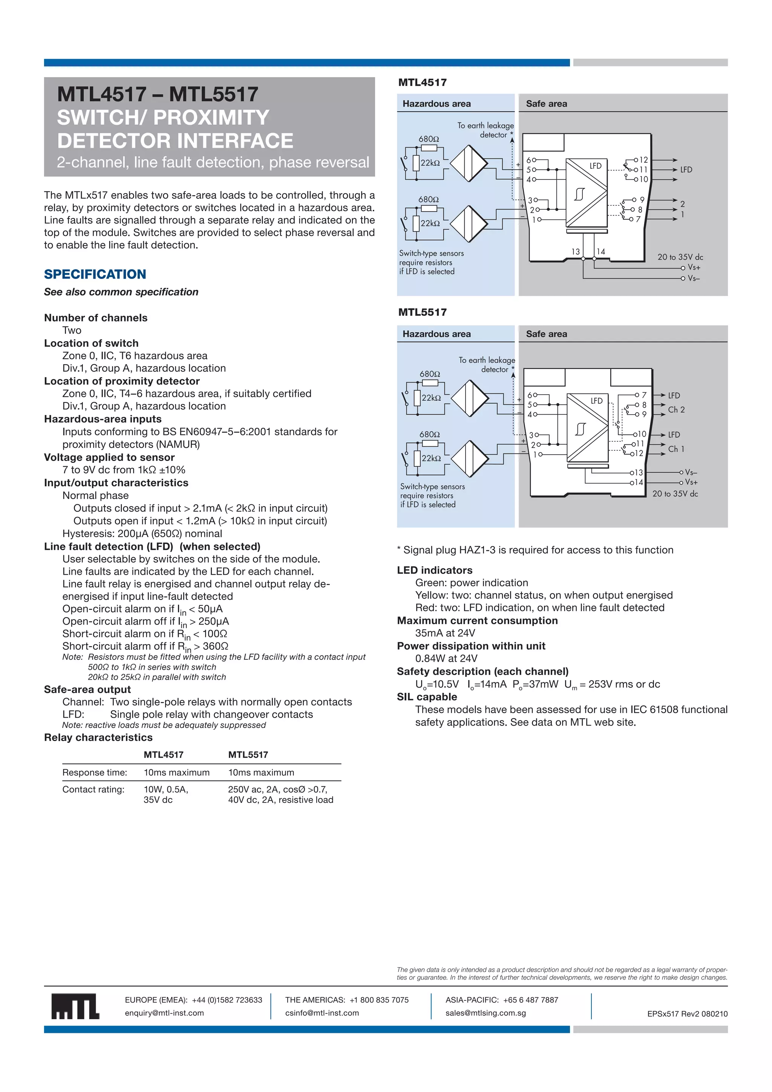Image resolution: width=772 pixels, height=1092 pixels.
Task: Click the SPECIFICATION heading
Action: pos(95,274)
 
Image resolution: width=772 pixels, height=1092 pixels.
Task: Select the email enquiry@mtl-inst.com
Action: pos(164,1013)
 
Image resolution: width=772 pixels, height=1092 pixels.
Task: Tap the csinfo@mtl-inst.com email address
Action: pos(322,1013)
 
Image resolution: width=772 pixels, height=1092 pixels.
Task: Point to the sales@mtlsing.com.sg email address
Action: pos(486,1013)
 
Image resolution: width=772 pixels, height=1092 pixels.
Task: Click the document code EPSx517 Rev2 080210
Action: pos(687,1014)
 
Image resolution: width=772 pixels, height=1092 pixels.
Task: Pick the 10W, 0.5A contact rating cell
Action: pos(166,790)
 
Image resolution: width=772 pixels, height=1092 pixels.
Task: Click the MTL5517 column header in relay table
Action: pos(248,755)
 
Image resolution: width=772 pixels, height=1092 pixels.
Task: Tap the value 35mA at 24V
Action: pos(445,633)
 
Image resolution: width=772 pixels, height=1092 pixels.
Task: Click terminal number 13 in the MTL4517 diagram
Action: pos(576,251)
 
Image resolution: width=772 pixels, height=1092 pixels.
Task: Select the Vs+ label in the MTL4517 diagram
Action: pos(694,268)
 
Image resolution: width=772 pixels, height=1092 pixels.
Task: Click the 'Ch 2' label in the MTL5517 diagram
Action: pos(676,409)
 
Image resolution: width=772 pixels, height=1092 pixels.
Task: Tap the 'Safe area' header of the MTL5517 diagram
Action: pos(546,334)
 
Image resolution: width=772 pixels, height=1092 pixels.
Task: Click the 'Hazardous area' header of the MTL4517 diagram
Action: pos(436,104)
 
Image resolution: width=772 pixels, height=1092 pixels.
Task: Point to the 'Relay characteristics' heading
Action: pos(98,738)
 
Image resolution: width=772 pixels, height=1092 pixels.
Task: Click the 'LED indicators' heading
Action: pos(434,570)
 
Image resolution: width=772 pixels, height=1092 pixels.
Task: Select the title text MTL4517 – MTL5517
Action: pos(158,94)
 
